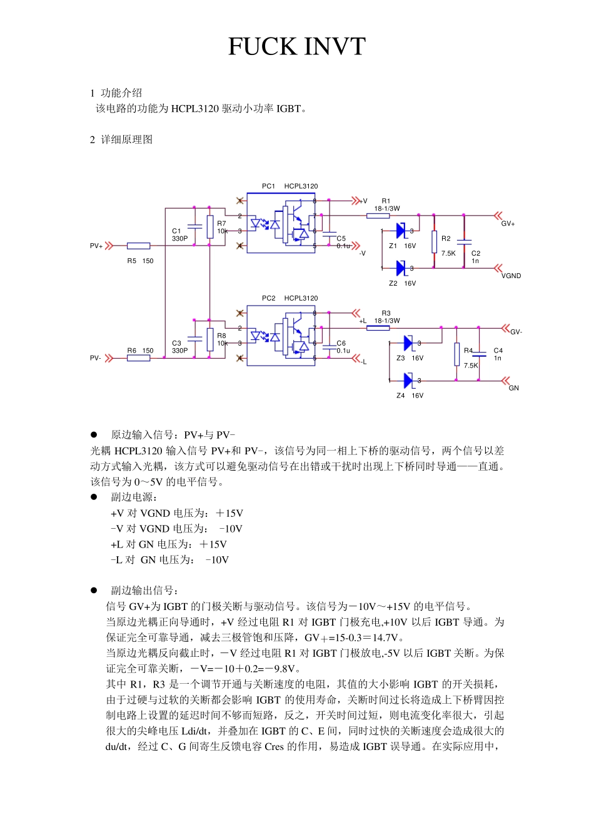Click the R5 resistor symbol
[x=138, y=246]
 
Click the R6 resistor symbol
[x=138, y=358]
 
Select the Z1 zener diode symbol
[x=401, y=231]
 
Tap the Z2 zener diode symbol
[x=401, y=268]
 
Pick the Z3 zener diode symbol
[x=409, y=342]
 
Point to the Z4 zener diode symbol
[x=409, y=380]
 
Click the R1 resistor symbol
[x=378, y=216]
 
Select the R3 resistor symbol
[x=378, y=327]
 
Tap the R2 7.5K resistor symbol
[x=434, y=242]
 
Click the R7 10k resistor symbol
[x=210, y=227]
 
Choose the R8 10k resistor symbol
[x=210, y=339]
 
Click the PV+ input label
[x=96, y=246]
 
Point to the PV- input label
[x=96, y=358]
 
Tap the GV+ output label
[x=508, y=224]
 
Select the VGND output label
[x=511, y=276]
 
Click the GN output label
[x=513, y=388]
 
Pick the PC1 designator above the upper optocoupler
[x=268, y=186]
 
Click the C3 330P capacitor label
[x=179, y=347]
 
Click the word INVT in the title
[x=334, y=47]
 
